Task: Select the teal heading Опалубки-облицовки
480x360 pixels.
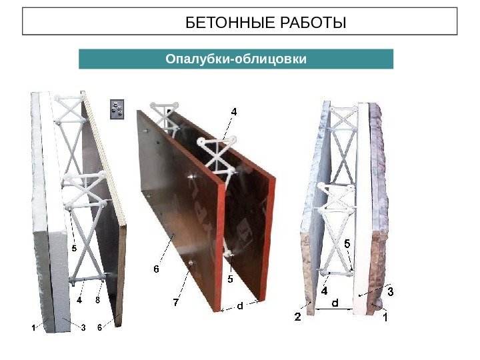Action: pyautogui.click(x=236, y=59)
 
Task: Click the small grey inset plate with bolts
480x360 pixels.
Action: pyautogui.click(x=117, y=109)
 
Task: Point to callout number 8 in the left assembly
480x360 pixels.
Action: pyautogui.click(x=97, y=300)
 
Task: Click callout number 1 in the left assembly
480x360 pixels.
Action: pyautogui.click(x=33, y=328)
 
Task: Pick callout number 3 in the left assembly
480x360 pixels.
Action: pyautogui.click(x=83, y=327)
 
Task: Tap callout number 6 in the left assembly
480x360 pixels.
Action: pyautogui.click(x=100, y=327)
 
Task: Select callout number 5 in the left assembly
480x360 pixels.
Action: pyautogui.click(x=74, y=247)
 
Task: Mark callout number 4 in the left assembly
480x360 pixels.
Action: pyautogui.click(x=79, y=299)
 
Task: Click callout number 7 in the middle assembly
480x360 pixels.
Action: pyautogui.click(x=176, y=303)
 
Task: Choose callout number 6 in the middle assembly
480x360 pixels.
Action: pyautogui.click(x=157, y=269)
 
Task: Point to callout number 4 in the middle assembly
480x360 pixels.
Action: pyautogui.click(x=234, y=112)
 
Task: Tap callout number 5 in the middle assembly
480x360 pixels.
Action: pyautogui.click(x=231, y=279)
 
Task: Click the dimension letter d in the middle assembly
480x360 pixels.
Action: pyautogui.click(x=240, y=305)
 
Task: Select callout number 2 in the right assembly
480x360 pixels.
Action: pyautogui.click(x=297, y=317)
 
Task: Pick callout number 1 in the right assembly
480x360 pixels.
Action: pyautogui.click(x=385, y=317)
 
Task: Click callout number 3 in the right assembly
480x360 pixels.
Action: pyautogui.click(x=390, y=291)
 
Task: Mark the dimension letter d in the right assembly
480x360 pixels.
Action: pyautogui.click(x=335, y=303)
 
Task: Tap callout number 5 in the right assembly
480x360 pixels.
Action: pyautogui.click(x=347, y=244)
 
